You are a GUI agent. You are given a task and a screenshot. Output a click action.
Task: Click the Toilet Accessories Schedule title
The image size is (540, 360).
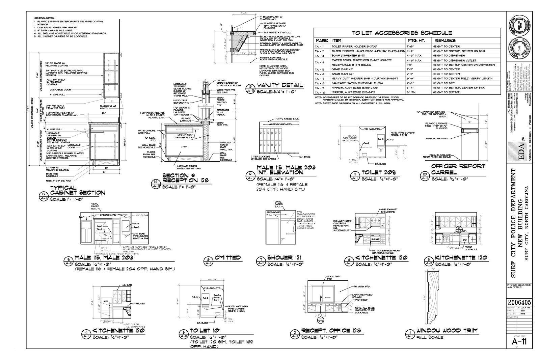click(x=402, y=33)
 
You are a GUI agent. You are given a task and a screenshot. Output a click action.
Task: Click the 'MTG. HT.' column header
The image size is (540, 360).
click(x=417, y=40)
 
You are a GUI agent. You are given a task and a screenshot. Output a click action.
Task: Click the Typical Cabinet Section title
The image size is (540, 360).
click(x=77, y=190)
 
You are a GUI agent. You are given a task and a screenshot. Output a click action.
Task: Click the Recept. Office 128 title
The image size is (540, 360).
click(x=326, y=331)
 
